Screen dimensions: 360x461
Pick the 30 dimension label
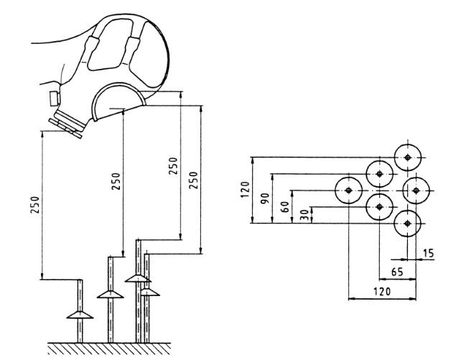(305, 215)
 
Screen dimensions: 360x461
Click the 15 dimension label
(429, 254)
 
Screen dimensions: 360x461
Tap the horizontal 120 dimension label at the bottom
(383, 290)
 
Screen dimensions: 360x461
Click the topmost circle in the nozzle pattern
(407, 157)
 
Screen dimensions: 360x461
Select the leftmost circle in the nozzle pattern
(348, 190)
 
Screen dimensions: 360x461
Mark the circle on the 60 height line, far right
(416, 190)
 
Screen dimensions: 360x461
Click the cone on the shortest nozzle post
(79, 314)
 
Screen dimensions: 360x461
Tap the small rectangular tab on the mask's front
(53, 97)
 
